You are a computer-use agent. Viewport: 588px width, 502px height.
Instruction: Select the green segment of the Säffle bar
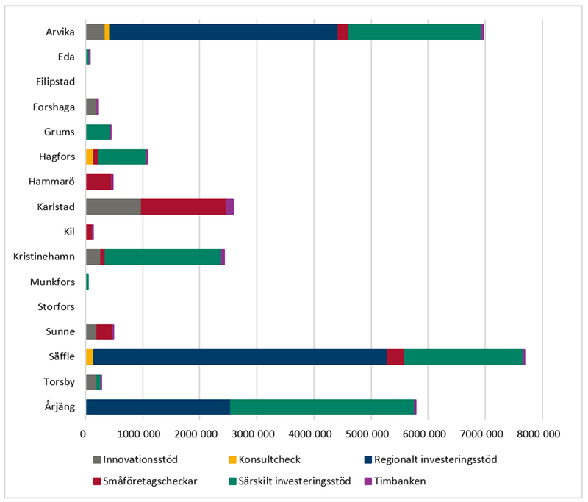point(463,357)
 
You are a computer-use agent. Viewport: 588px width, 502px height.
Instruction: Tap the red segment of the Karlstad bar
point(183,207)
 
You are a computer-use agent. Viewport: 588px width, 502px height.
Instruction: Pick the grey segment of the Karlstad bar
point(113,207)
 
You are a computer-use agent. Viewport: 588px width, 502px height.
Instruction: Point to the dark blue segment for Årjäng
point(158,407)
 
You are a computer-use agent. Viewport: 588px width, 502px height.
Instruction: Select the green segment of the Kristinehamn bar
point(199,257)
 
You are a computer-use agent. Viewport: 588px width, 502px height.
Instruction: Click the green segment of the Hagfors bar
point(122,157)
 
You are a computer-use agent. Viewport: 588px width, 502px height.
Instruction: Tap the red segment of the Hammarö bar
point(98,182)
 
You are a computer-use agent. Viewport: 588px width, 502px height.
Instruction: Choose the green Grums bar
point(98,132)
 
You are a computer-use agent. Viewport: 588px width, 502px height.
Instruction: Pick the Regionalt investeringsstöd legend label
point(436,459)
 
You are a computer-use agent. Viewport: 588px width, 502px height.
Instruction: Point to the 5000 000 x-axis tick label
point(371,434)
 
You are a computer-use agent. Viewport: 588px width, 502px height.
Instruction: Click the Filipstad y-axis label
point(55,82)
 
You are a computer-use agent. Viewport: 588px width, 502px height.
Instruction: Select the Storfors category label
point(57,306)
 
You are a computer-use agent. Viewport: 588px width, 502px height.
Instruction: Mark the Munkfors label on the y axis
point(53,282)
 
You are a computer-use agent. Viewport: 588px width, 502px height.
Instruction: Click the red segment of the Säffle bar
point(395,357)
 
